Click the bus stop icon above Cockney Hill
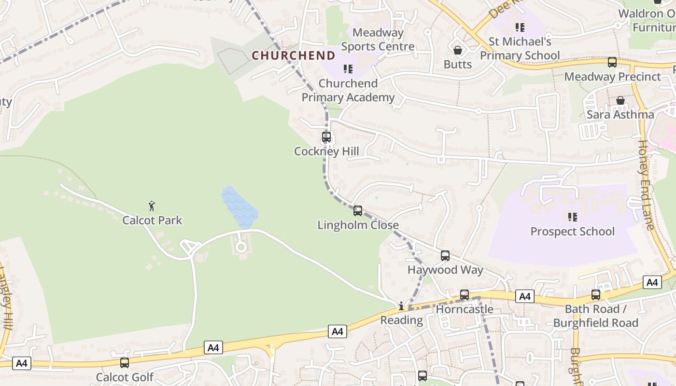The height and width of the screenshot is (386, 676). pyautogui.click(x=326, y=137)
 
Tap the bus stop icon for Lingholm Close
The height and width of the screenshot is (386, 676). pyautogui.click(x=358, y=211)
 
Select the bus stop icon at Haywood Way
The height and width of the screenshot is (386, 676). pyautogui.click(x=445, y=256)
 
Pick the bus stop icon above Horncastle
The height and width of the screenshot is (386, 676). pyautogui.click(x=465, y=294)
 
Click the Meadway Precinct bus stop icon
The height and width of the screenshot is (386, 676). pyautogui.click(x=612, y=62)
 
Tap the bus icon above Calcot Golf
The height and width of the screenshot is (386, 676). pyautogui.click(x=125, y=363)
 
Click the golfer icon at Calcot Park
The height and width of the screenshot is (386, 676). pyautogui.click(x=152, y=207)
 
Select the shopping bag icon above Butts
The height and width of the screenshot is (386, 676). pyautogui.click(x=458, y=50)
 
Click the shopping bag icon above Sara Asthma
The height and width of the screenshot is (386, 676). pyautogui.click(x=620, y=100)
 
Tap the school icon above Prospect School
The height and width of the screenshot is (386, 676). pyautogui.click(x=573, y=217)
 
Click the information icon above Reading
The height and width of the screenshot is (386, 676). pyautogui.click(x=401, y=306)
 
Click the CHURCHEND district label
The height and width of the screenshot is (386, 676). pyautogui.click(x=293, y=55)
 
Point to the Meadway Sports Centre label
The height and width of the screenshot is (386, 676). pyautogui.click(x=378, y=40)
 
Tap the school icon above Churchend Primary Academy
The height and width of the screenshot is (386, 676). pyautogui.click(x=348, y=69)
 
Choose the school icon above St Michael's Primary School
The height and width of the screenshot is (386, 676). pyautogui.click(x=520, y=28)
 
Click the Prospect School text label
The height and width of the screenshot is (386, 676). pyautogui.click(x=573, y=232)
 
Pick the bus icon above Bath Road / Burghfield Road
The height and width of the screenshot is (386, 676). pyautogui.click(x=596, y=295)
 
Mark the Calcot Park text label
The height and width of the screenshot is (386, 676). pyautogui.click(x=152, y=221)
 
